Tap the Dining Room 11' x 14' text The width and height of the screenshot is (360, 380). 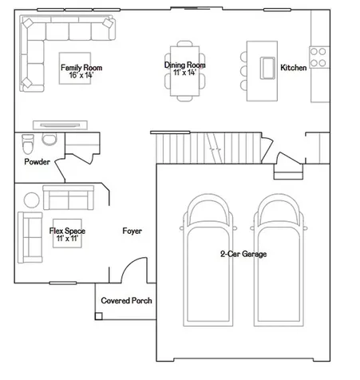(184, 69)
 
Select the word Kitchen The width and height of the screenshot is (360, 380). (294, 68)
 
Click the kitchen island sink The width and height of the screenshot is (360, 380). (267, 68)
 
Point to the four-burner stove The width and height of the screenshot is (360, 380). (319, 57)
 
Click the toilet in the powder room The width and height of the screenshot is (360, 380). (28, 144)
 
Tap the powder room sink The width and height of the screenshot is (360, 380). (49, 139)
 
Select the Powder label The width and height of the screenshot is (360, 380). (37, 162)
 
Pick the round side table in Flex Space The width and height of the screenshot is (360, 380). (32, 200)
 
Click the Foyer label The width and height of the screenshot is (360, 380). (133, 231)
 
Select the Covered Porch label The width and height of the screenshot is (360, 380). (126, 301)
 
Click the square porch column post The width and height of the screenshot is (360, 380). (98, 316)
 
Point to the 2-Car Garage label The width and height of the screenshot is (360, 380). (243, 254)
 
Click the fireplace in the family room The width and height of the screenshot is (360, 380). (60, 125)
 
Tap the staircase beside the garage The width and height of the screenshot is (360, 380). (209, 148)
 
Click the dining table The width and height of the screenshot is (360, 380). (184, 71)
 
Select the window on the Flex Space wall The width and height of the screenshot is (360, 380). (63, 283)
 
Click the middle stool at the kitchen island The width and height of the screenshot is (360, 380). (243, 71)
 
